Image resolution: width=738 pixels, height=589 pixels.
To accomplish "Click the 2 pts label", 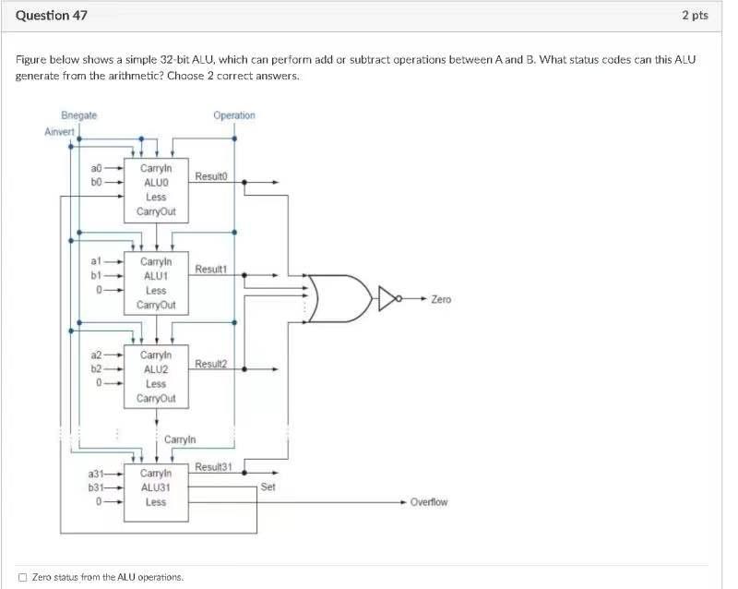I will tap(695, 15).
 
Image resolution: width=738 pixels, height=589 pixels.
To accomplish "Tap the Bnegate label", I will tap(78, 115).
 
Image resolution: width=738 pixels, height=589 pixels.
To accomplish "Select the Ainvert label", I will tap(59, 132).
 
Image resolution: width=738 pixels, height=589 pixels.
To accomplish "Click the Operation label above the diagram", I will tap(233, 115).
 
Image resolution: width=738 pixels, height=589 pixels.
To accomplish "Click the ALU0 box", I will tap(156, 190).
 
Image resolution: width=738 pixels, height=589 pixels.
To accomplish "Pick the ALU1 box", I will tap(156, 282).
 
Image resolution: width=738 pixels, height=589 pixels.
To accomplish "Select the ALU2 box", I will tap(156, 376).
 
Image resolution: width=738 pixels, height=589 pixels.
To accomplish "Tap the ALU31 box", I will tap(156, 487).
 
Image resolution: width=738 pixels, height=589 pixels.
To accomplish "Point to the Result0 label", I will tap(211, 175).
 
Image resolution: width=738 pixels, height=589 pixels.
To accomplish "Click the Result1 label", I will tap(211, 269).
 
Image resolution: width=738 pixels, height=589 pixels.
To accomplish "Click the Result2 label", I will tap(211, 364).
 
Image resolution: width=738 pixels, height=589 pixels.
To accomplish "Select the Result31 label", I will tap(213, 468).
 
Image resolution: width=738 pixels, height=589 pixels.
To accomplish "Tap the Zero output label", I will tap(441, 299).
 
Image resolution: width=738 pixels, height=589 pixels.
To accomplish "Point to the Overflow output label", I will tap(429, 502).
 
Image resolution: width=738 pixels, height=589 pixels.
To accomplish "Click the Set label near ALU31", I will tap(268, 486).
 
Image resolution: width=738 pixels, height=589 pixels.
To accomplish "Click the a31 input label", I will tap(96, 474).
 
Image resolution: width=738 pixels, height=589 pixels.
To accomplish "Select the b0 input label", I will tap(97, 183).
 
